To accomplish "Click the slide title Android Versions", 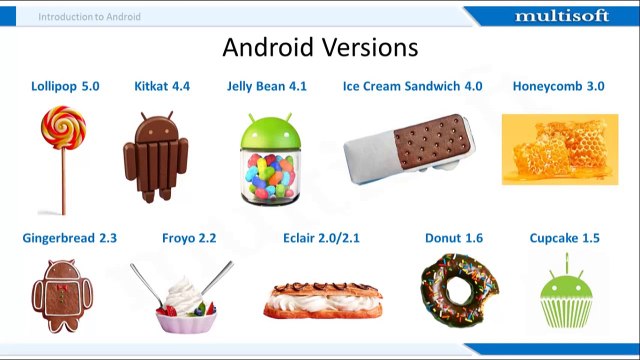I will pos(320,47).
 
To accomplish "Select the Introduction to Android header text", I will pos(89,16).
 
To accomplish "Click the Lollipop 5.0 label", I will pos(65,86).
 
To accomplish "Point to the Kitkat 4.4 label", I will pos(162,86).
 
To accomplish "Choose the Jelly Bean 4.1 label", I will pos(267,86).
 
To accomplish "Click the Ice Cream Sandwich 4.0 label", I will pos(412,86).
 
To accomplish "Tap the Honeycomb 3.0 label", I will pos(558,86).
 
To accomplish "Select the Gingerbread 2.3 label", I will pos(69,238).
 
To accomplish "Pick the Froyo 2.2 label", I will pos(188,238).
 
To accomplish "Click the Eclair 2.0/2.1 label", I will pos(321,238).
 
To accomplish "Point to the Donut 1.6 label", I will pos(453,238).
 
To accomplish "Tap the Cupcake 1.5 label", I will pos(565,238).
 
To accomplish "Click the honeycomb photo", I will pos(553,149).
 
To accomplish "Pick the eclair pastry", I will pos(323,298).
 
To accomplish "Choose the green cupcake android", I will pos(565,297).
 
